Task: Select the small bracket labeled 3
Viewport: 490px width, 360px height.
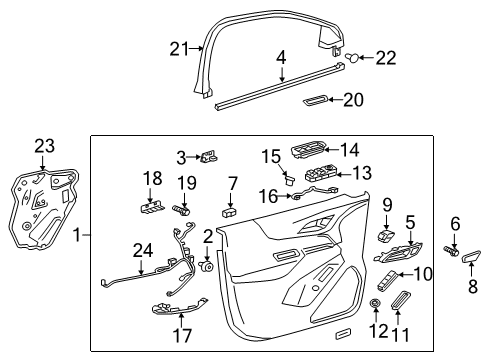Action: [210, 156]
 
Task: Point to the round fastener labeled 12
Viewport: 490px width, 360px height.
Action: [376, 303]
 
